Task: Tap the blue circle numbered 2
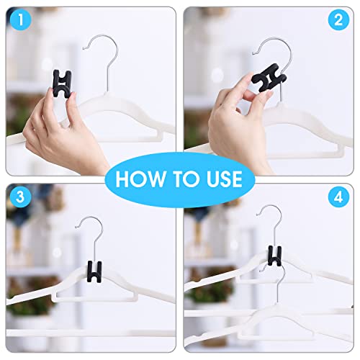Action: (338, 21)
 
